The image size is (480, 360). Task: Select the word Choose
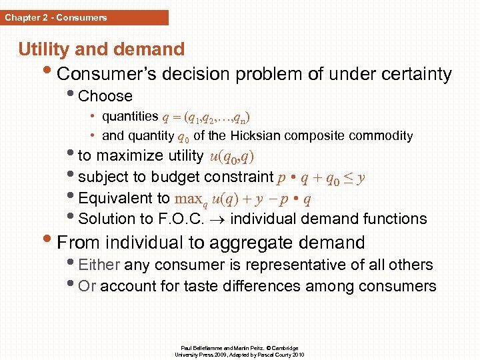pyautogui.click(x=105, y=96)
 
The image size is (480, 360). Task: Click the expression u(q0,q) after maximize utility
pyautogui.click(x=231, y=157)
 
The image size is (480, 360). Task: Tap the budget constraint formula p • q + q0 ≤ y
pyautogui.click(x=321, y=177)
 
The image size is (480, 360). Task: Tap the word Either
pyautogui.click(x=99, y=265)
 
